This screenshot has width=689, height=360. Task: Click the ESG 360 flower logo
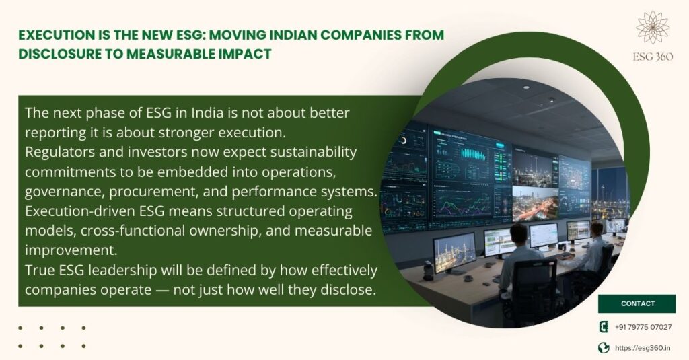click(x=653, y=28)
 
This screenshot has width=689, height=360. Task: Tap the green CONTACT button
click(x=637, y=303)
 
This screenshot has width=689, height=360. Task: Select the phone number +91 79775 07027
click(x=643, y=327)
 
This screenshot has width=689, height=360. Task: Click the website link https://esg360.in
click(x=643, y=348)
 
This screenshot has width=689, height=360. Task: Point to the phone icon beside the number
click(x=604, y=326)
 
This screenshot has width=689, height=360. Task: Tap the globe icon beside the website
click(x=604, y=348)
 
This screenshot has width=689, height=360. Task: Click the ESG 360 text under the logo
click(x=653, y=57)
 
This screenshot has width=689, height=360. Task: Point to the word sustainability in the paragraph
click(x=314, y=152)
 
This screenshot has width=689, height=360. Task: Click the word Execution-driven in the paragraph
click(x=80, y=211)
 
